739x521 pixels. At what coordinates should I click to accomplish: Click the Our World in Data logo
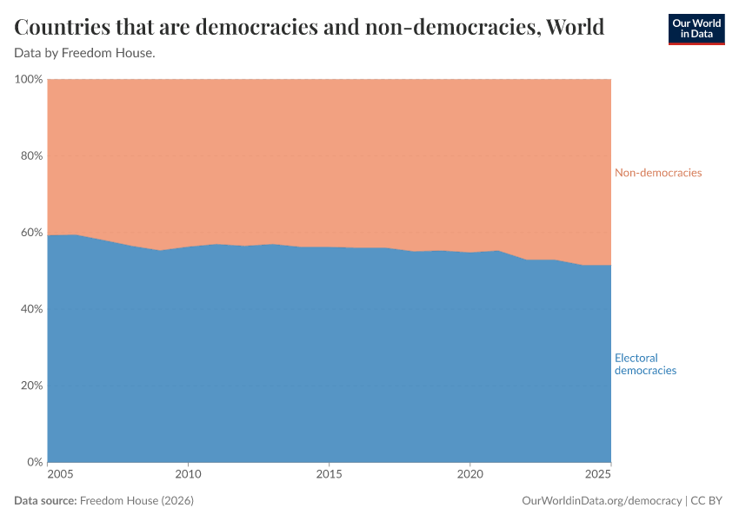pos(696,29)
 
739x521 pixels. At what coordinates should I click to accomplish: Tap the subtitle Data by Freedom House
pos(85,53)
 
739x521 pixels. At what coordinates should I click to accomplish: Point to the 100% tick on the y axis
pos(29,79)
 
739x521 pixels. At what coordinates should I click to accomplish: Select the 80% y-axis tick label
pos(30,156)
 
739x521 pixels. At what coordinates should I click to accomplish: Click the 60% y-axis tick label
pos(30,233)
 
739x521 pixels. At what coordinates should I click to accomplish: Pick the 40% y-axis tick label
pos(30,309)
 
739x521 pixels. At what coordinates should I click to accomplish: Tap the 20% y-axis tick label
pos(30,386)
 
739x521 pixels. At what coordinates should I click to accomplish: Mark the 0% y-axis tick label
pos(34,462)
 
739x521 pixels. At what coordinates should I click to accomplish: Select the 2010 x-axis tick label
pos(188,475)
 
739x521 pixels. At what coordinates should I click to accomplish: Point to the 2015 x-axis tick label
pos(329,475)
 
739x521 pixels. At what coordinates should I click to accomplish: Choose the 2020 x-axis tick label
pos(469,475)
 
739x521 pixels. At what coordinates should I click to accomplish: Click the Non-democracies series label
pos(657,173)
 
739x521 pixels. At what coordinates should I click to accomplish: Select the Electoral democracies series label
pos(645,364)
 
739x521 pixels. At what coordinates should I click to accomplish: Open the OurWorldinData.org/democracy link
pos(602,501)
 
